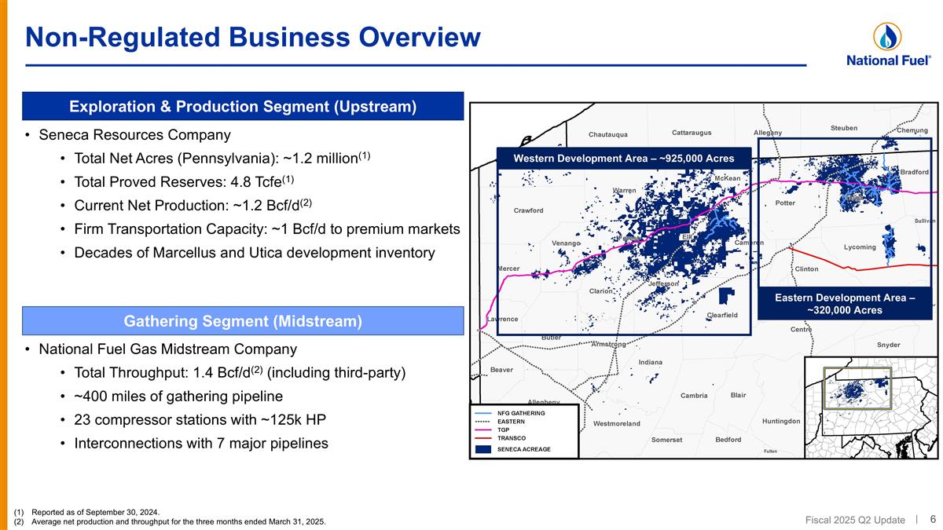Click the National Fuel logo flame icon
(887, 36)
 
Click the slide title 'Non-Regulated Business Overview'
(252, 37)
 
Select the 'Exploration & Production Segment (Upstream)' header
(242, 106)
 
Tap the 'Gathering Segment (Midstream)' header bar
(242, 320)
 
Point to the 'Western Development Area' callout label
(623, 159)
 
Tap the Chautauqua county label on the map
(608, 134)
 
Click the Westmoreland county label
(616, 424)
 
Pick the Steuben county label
(843, 128)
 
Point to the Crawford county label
(528, 210)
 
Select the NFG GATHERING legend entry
(520, 412)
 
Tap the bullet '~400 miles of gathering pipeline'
(178, 396)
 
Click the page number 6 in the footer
(932, 519)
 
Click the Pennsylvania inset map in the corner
(869, 407)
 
